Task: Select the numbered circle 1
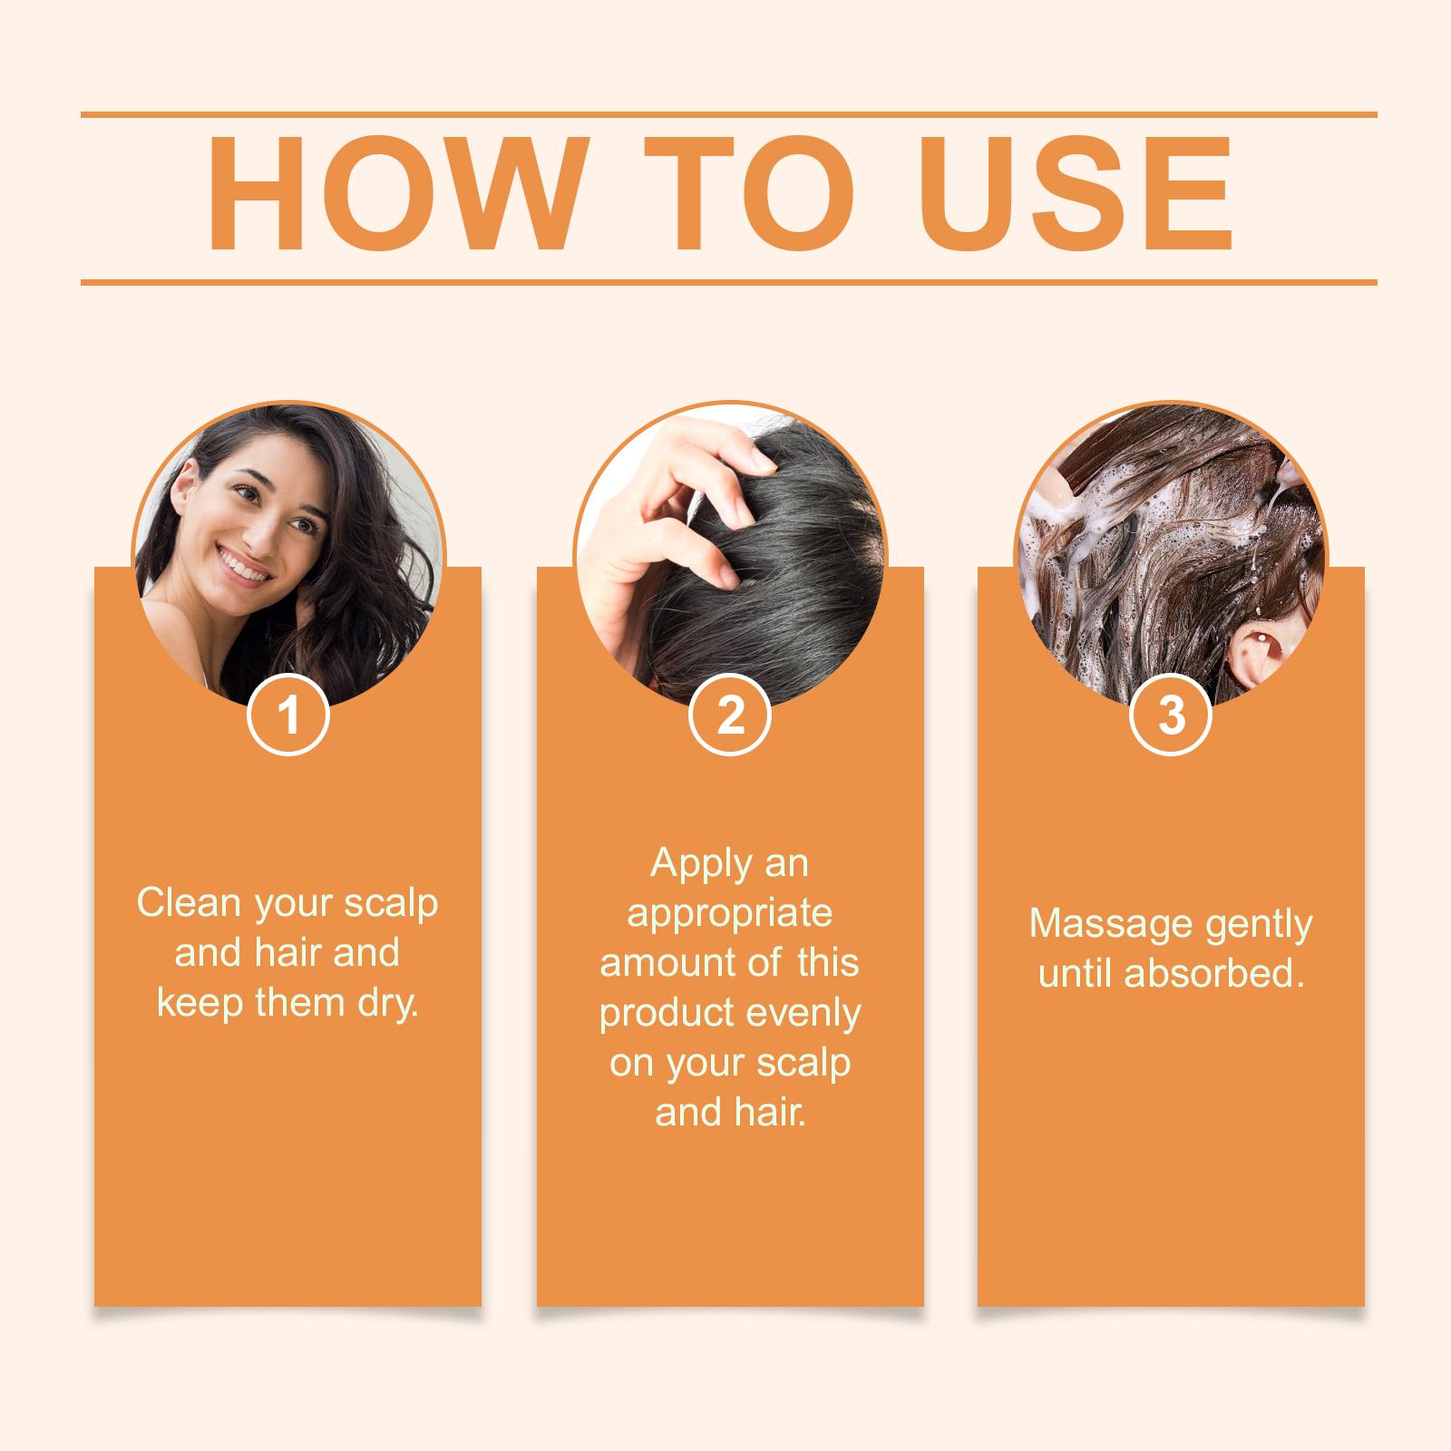click(288, 715)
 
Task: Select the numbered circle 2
click(730, 715)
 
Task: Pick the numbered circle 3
click(1172, 715)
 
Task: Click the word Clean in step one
click(190, 902)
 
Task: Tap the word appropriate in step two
click(729, 913)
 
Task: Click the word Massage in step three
click(1110, 925)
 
